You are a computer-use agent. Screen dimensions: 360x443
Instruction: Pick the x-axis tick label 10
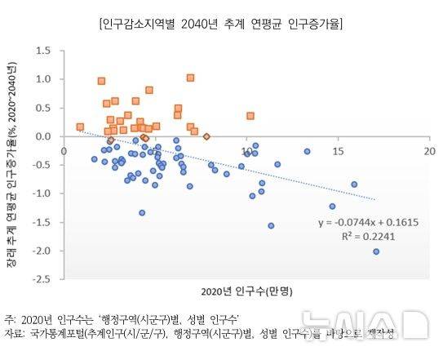[246, 152]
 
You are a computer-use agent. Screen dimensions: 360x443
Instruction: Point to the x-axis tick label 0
[64, 152]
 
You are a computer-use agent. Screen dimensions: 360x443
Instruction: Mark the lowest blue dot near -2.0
[376, 251]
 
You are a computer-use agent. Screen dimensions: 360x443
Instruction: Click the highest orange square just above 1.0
[190, 78]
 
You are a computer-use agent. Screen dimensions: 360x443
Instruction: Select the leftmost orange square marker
[80, 127]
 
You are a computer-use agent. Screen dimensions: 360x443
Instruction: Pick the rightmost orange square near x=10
[250, 116]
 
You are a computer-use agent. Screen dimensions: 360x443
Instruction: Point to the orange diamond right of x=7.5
[206, 137]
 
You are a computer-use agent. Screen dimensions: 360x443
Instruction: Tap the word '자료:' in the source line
[16, 334]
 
